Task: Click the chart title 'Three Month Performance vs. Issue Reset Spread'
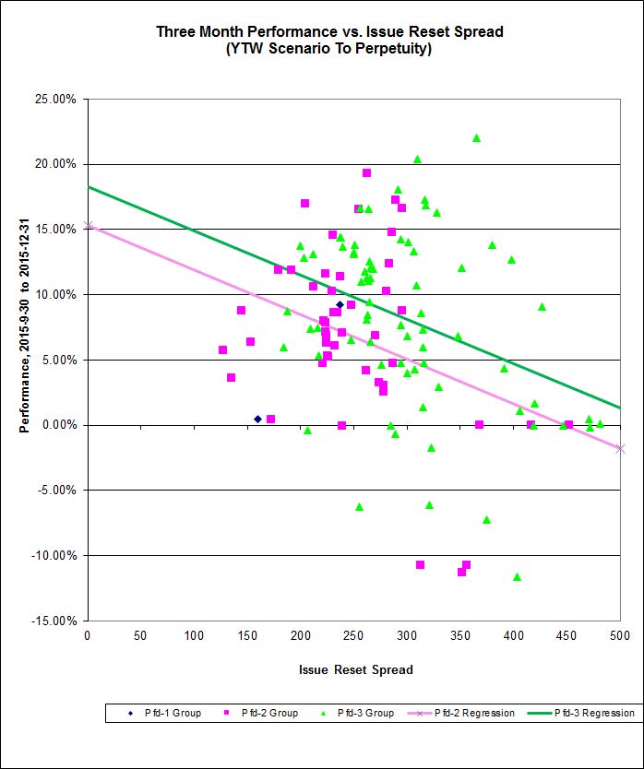pyautogui.click(x=329, y=31)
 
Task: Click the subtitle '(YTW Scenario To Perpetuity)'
pyautogui.click(x=329, y=49)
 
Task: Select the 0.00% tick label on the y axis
pyautogui.click(x=59, y=425)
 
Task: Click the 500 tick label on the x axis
pyautogui.click(x=620, y=636)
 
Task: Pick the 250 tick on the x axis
pyautogui.click(x=353, y=636)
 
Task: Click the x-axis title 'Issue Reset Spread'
pyautogui.click(x=355, y=669)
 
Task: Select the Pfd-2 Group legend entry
pyautogui.click(x=264, y=713)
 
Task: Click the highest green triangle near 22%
pyautogui.click(x=476, y=138)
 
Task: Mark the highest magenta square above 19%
pyautogui.click(x=366, y=172)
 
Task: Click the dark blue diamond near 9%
pyautogui.click(x=340, y=304)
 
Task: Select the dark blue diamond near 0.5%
pyautogui.click(x=257, y=419)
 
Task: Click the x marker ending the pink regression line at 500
pyautogui.click(x=620, y=449)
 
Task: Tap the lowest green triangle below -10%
pyautogui.click(x=517, y=577)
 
